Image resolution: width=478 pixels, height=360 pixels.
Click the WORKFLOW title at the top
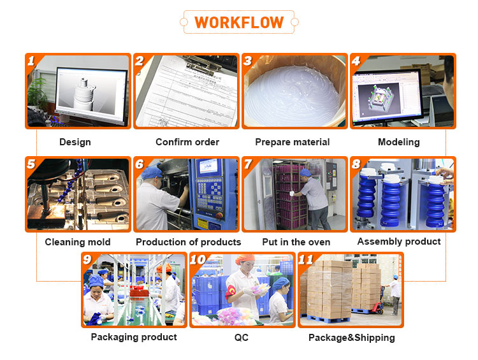pos(239,22)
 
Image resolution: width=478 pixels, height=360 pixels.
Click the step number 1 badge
pos(31,61)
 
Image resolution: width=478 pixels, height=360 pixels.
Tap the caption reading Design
pos(75,142)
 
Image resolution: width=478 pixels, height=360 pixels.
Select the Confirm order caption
pos(187,142)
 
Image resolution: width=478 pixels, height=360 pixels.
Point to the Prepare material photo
pos(295,92)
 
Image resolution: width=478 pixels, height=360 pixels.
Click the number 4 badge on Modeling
pos(356,61)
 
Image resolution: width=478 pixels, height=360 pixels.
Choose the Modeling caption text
pos(398,142)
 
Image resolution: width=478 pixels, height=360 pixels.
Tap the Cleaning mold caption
pos(78,242)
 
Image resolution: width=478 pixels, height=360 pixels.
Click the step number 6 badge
pos(140,164)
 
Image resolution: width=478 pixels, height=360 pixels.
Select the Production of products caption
pos(188,242)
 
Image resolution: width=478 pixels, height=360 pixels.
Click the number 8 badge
pos(356,164)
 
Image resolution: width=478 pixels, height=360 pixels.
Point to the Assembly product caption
pos(399,241)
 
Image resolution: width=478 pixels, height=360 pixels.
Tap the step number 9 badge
pos(87,260)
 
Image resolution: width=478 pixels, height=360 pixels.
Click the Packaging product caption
pos(134,337)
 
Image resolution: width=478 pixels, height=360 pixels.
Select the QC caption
pos(242,337)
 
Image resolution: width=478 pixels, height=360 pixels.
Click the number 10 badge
pos(198,260)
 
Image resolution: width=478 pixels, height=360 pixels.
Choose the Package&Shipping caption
pos(351,338)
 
